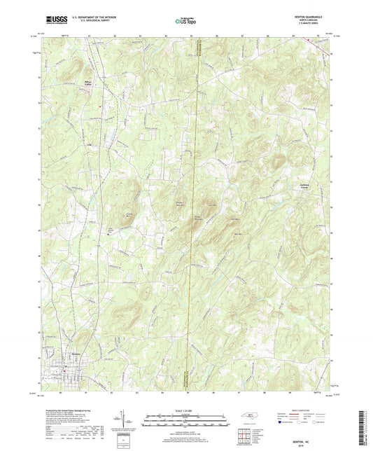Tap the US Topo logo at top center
[186, 22]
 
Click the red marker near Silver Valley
[101, 106]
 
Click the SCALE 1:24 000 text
[186, 410]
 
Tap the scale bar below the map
[186, 420]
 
